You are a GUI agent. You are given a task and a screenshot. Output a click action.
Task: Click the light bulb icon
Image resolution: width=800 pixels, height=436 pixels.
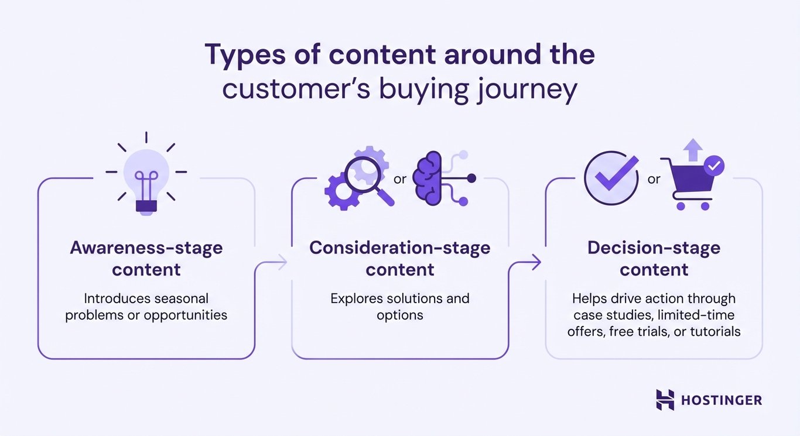click(x=146, y=176)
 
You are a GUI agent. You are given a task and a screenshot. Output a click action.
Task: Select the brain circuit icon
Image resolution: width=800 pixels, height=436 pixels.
click(x=436, y=178)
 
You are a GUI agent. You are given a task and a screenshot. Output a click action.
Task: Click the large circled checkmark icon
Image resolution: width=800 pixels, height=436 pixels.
click(x=611, y=178)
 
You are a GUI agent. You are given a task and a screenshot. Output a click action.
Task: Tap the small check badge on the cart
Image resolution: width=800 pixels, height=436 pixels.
click(x=713, y=166)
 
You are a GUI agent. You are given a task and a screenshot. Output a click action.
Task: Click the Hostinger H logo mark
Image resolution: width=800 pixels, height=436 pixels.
click(x=665, y=400)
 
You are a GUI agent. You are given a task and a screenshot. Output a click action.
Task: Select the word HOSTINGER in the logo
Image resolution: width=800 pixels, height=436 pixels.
click(x=722, y=400)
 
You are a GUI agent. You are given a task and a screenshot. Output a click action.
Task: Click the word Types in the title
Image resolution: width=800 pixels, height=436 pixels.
click(x=242, y=55)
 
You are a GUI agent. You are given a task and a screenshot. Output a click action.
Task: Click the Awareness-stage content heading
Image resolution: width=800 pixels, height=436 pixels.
click(x=146, y=259)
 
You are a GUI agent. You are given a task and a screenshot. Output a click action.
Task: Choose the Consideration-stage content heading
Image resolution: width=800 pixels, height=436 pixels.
click(x=400, y=259)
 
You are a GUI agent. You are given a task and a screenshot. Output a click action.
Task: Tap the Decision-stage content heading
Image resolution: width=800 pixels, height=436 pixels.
click(x=654, y=259)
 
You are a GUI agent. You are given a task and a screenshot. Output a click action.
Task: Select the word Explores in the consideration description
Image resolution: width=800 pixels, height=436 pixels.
click(x=356, y=298)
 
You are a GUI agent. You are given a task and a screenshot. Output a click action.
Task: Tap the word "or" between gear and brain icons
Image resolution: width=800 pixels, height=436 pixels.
click(x=400, y=179)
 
